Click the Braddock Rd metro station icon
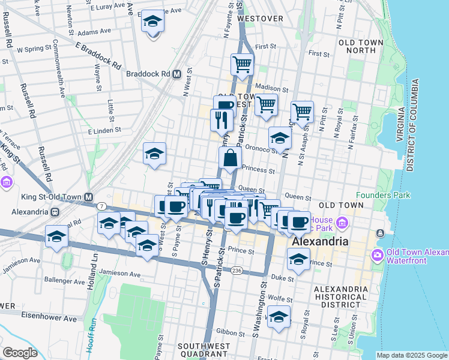pos(176,74)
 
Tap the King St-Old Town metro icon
pos(89,197)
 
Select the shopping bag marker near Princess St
pos(231,159)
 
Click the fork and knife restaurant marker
pos(221,121)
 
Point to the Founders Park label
pos(383,195)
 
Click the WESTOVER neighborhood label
pos(260,19)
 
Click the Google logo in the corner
pos(19,352)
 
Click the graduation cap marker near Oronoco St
pos(279,139)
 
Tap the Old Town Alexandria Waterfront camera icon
pos(378,254)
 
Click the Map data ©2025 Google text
pos(412,355)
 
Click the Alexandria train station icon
pos(55,212)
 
